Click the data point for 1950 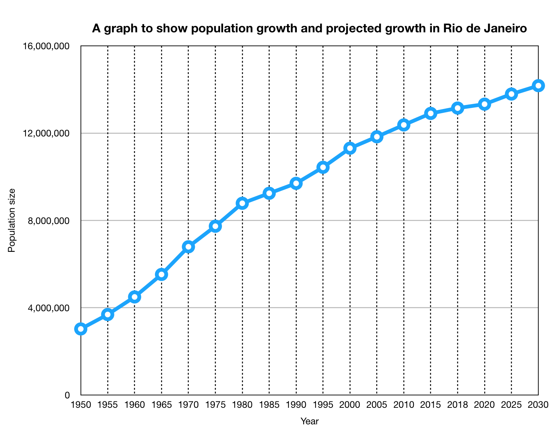[81, 329]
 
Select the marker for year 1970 [188, 247]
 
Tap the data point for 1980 [242, 203]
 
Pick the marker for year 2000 [350, 148]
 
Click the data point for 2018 [458, 108]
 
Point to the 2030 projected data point [538, 86]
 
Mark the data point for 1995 [323, 167]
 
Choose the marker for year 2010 [404, 125]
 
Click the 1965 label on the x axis [161, 405]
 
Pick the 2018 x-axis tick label [458, 405]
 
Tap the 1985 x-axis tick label [269, 405]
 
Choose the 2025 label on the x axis [512, 405]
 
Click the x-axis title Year [310, 422]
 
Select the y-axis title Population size [12, 220]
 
